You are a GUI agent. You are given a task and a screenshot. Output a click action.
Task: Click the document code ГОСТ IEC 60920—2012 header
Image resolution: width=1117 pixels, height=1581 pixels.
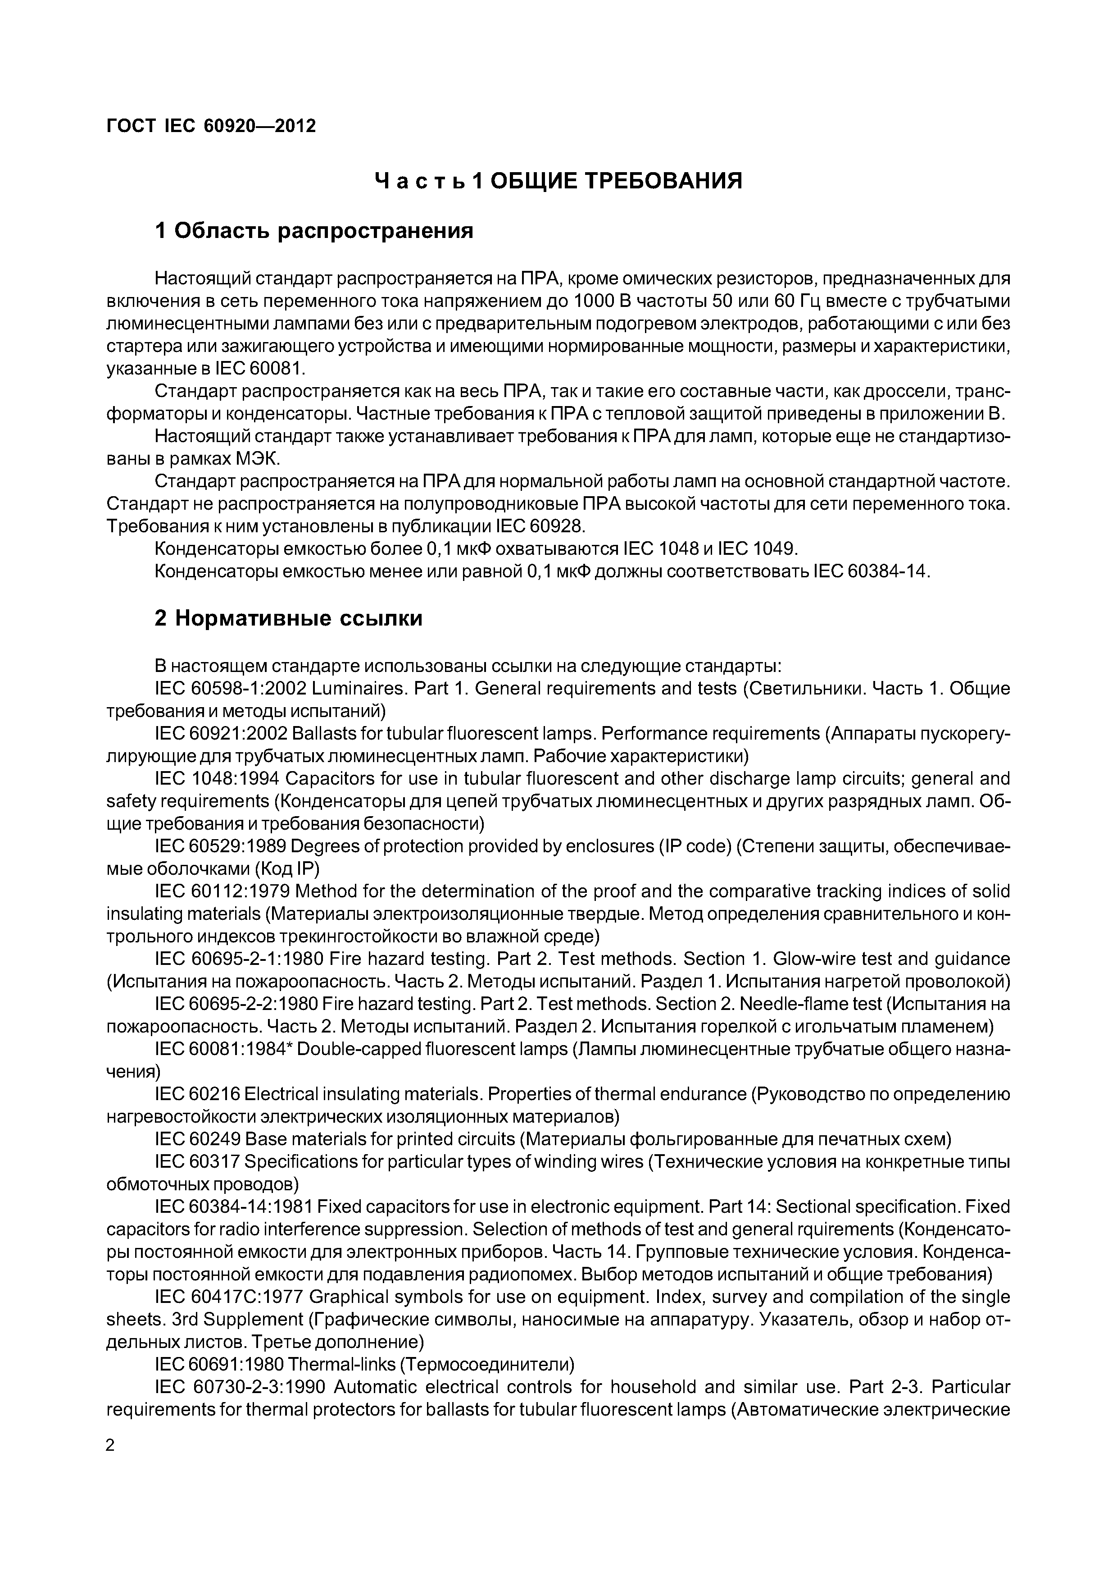pos(211,126)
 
